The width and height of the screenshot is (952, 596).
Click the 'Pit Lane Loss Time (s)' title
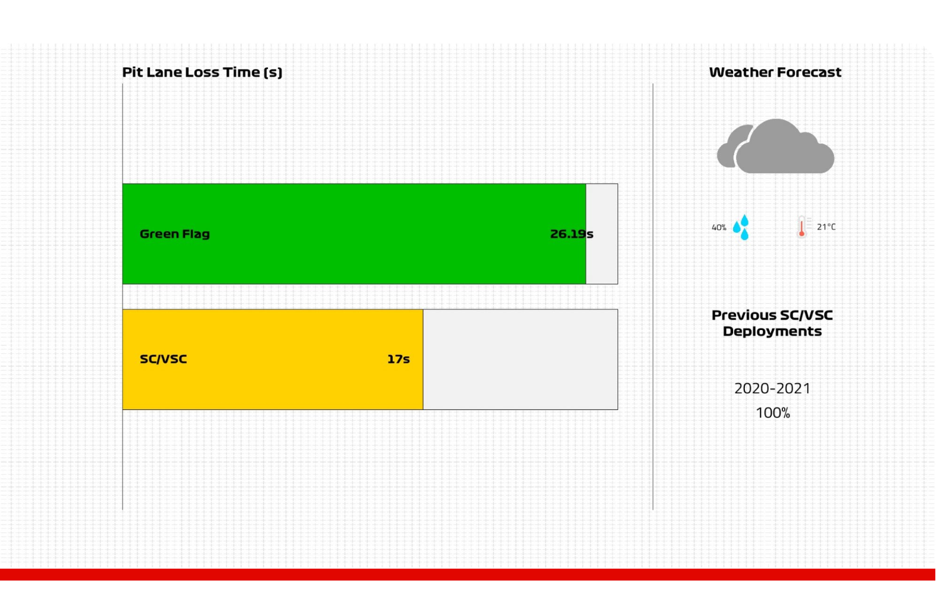pos(202,72)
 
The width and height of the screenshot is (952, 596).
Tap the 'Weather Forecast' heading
pos(775,72)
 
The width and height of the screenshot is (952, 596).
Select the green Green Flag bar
pos(354,234)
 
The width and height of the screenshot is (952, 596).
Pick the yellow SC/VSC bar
pos(273,359)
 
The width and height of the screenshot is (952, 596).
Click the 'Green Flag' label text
pos(175,234)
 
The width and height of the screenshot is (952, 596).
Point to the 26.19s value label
pos(572,234)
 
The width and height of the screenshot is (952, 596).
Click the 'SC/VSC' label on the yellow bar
pos(163,359)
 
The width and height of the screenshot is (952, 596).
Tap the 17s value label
pos(398,359)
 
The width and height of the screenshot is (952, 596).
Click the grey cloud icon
pos(776,146)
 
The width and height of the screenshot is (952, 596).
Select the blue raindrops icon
pos(741,227)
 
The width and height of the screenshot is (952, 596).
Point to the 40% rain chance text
pos(719,228)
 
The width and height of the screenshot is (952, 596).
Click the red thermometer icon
pos(802,227)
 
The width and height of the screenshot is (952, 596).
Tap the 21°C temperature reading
pos(826,227)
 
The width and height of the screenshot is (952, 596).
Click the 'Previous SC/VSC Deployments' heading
pos(772,323)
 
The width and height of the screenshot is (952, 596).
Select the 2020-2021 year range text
pos(772,388)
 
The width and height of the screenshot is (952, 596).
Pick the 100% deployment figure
pos(773,413)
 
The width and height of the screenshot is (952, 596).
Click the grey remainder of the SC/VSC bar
pos(520,359)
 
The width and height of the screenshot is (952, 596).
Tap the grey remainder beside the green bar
pos(602,234)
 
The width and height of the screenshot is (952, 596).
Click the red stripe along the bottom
pos(468,575)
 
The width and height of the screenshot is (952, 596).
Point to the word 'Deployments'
pos(772,331)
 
